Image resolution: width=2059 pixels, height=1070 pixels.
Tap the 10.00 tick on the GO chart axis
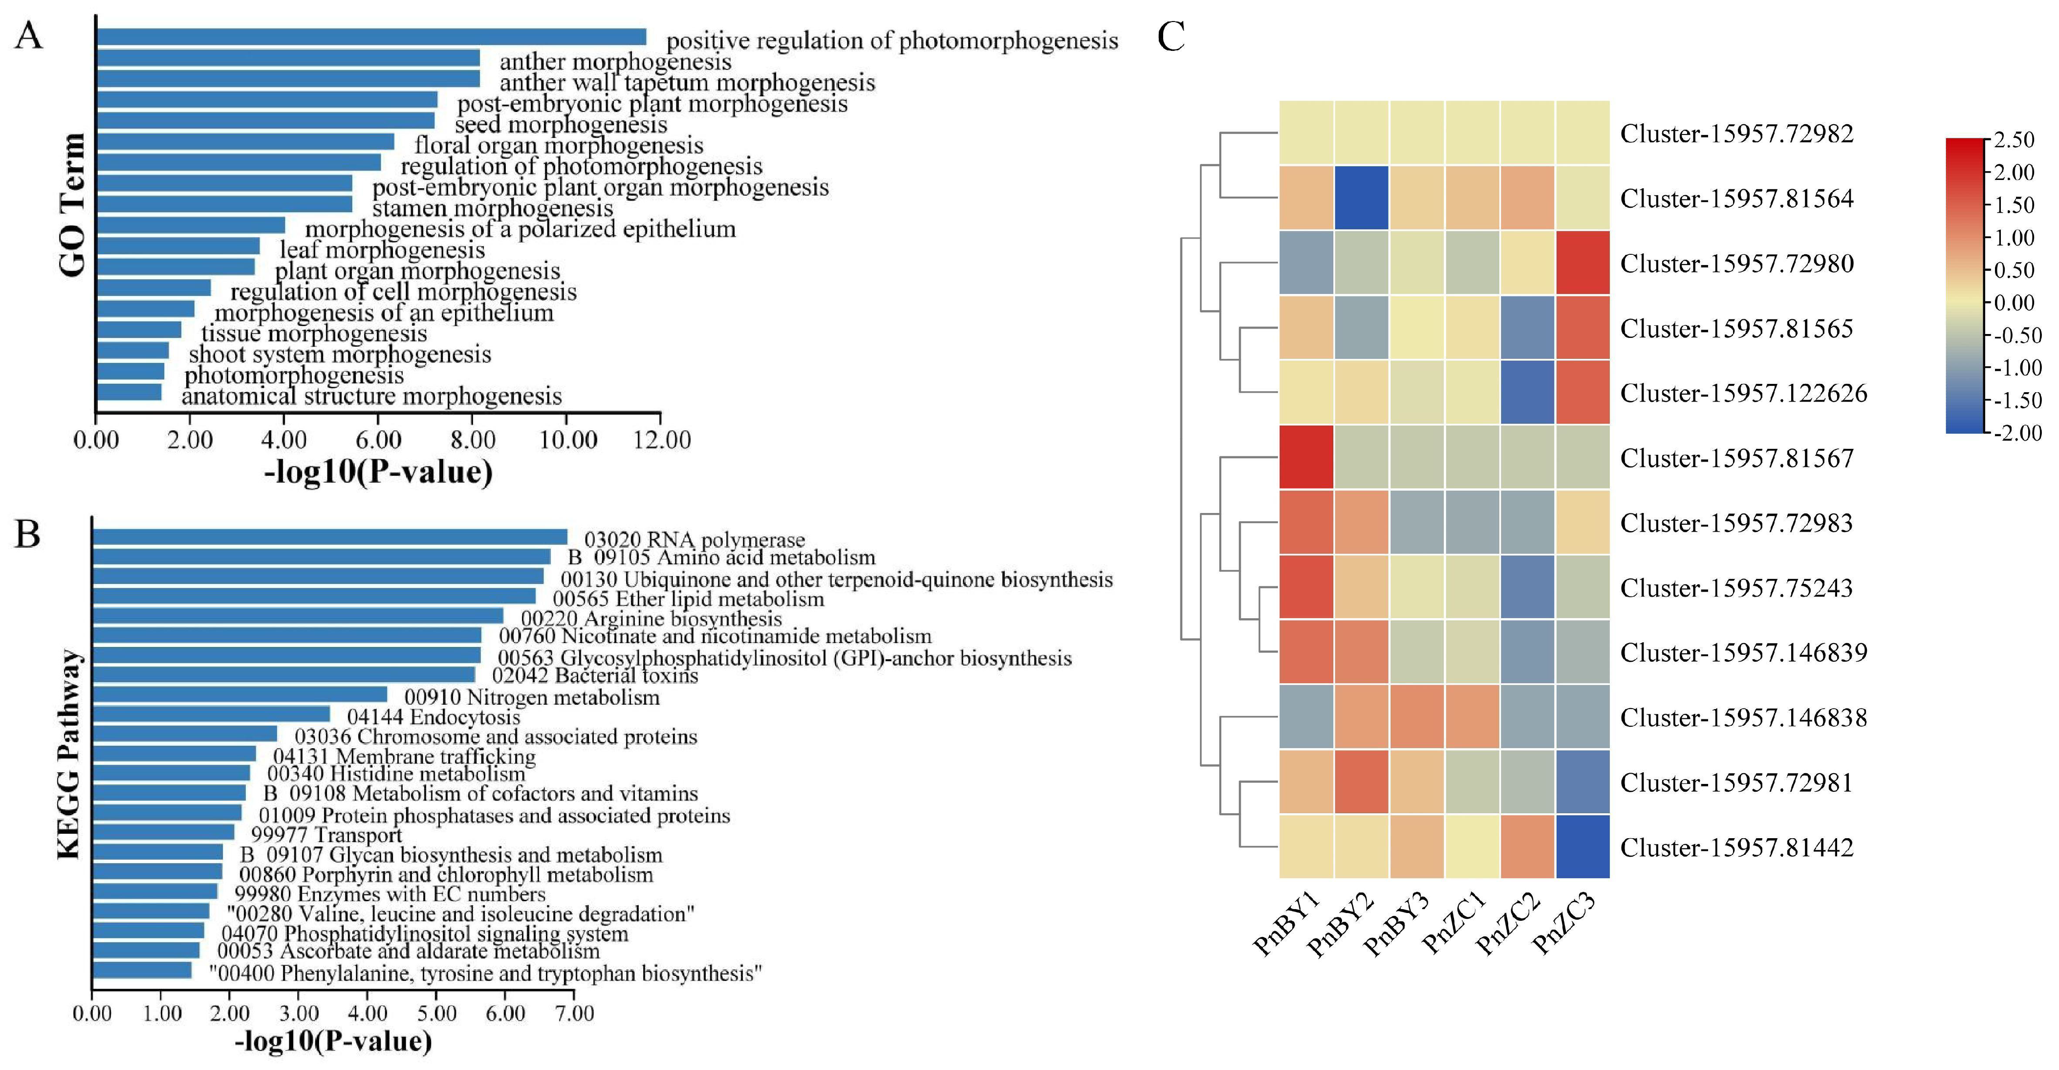(x=567, y=439)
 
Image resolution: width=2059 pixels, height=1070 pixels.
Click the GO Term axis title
(x=72, y=205)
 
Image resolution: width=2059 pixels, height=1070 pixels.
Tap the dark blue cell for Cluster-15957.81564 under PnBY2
(x=1361, y=199)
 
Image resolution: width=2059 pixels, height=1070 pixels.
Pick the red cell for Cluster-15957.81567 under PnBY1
(x=1306, y=457)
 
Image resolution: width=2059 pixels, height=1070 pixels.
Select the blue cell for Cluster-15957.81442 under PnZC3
(x=1582, y=847)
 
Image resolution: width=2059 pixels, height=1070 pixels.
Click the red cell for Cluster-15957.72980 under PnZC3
(x=1582, y=263)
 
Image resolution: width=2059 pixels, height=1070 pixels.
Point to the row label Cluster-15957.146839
(x=1743, y=652)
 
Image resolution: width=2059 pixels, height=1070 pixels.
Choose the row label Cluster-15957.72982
(x=1736, y=134)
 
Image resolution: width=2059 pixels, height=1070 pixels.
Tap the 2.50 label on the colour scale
(x=2014, y=140)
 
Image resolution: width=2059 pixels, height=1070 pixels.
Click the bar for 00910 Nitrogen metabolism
(x=240, y=694)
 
